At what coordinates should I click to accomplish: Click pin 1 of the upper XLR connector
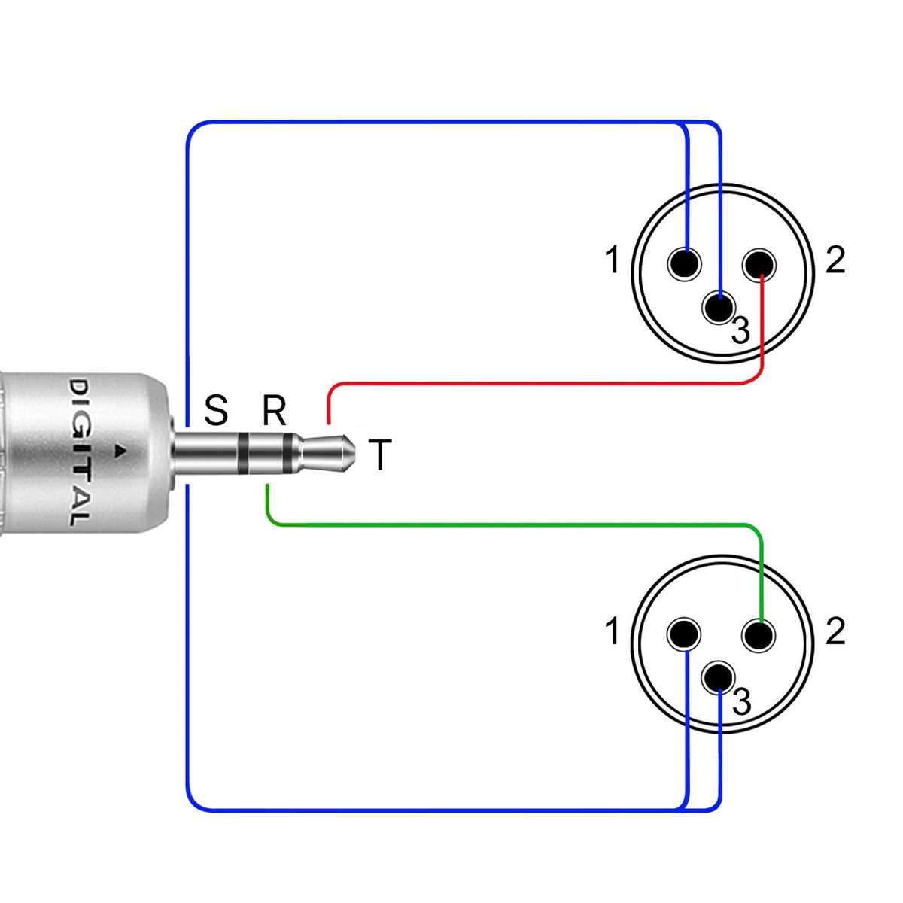click(x=684, y=264)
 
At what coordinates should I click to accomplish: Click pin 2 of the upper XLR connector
click(x=759, y=264)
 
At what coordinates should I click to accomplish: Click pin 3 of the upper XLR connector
click(x=720, y=307)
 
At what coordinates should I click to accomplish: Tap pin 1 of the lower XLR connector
click(x=684, y=634)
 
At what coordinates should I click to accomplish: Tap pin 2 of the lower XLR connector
click(x=759, y=635)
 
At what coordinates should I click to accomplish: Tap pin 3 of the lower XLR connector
click(x=719, y=677)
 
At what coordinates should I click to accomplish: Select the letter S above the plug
click(x=215, y=411)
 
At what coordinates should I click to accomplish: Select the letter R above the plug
click(x=274, y=411)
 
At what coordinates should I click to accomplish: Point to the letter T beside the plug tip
click(x=380, y=455)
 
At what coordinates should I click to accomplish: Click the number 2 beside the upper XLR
click(x=835, y=260)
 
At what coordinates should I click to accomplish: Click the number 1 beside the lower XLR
click(x=613, y=631)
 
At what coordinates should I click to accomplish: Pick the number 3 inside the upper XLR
click(x=741, y=331)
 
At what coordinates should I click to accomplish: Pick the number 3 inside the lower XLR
click(x=741, y=702)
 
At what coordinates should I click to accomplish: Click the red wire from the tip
click(x=542, y=384)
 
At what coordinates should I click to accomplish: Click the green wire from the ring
click(x=512, y=524)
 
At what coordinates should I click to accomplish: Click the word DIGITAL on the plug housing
click(x=79, y=452)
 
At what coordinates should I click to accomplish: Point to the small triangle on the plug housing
click(x=119, y=451)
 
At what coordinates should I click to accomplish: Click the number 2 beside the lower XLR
click(x=835, y=631)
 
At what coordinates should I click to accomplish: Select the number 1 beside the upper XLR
click(x=613, y=260)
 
